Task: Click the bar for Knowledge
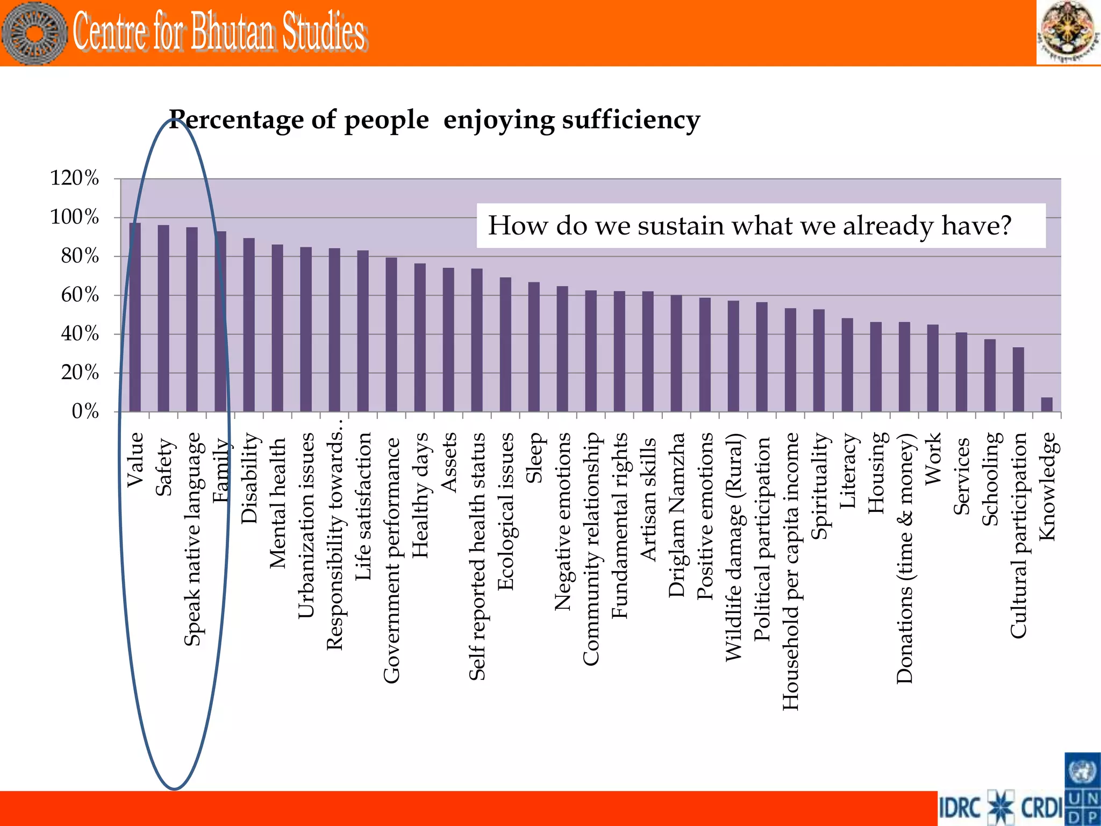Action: click(1046, 404)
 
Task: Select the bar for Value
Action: click(135, 317)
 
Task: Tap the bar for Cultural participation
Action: click(1018, 379)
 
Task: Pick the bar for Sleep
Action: click(534, 347)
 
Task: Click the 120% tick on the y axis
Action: click(74, 178)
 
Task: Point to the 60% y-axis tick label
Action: click(80, 295)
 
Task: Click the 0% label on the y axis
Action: click(85, 411)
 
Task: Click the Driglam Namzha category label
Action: click(676, 515)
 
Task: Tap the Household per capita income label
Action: click(790, 571)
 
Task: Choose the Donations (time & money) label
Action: click(905, 558)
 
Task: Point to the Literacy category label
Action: click(847, 470)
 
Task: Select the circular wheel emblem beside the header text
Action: click(33, 33)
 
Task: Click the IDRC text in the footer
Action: click(961, 808)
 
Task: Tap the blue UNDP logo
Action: click(1082, 789)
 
